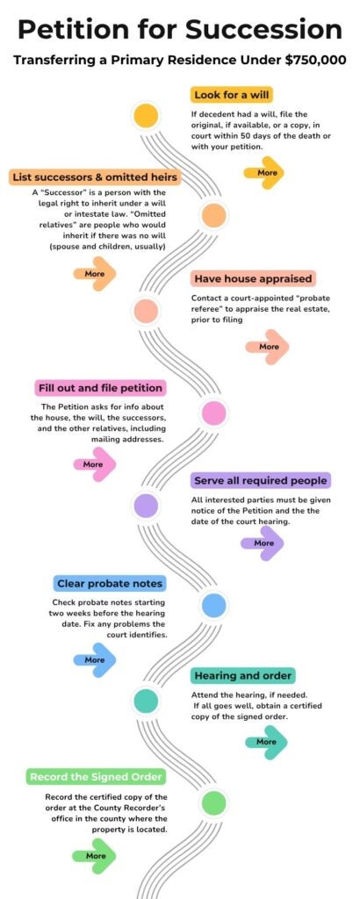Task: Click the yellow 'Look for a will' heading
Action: (x=232, y=95)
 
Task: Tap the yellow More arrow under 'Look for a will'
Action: (x=263, y=172)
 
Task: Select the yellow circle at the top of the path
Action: (x=146, y=116)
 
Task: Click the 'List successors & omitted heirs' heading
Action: (x=95, y=176)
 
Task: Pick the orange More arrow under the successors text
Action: (x=95, y=274)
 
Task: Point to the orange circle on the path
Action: (x=214, y=216)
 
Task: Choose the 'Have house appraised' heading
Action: (x=254, y=278)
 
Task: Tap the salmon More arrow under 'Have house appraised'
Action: (x=267, y=346)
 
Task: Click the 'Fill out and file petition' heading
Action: (x=100, y=388)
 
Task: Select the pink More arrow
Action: (x=95, y=464)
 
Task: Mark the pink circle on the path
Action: (x=214, y=413)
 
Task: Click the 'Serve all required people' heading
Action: (x=261, y=480)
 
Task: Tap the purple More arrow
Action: (x=263, y=542)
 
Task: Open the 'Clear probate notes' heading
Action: (x=110, y=584)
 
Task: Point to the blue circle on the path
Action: (x=214, y=606)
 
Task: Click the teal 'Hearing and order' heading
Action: (x=243, y=675)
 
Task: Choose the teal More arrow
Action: (x=267, y=741)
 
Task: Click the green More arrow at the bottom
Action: (x=95, y=855)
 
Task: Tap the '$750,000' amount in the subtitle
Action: (x=316, y=61)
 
